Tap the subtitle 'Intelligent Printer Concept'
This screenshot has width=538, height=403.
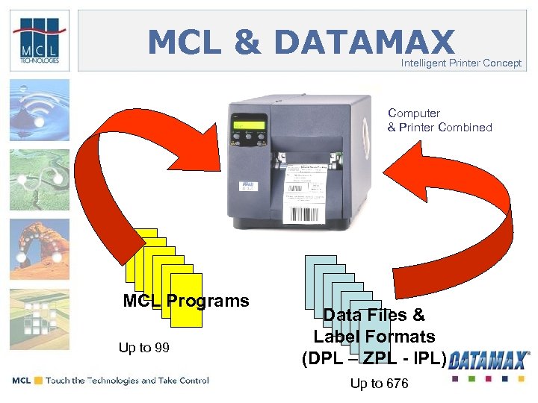pos(461,63)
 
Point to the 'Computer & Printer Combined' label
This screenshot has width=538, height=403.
pos(439,120)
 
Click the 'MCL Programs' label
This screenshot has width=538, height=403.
pos(186,301)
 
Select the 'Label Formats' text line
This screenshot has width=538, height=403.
pos(374,337)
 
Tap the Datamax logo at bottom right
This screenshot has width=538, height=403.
pos(490,360)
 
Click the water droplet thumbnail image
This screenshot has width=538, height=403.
pos(40,110)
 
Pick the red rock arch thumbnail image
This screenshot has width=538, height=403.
pos(40,249)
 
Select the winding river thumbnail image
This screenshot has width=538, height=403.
pos(40,179)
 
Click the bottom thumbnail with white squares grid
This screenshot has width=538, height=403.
pos(40,318)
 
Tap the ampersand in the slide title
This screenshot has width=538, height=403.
pos(247,43)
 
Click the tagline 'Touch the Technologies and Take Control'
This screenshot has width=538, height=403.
pos(127,381)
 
